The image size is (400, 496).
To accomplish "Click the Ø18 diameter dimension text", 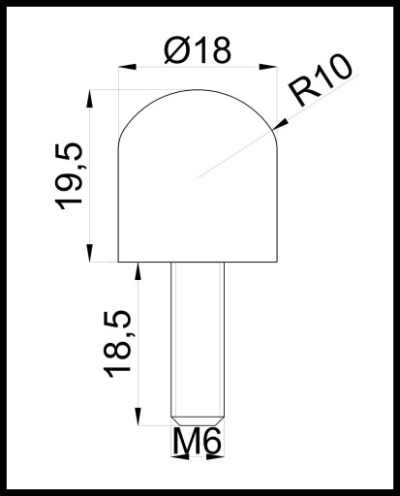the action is coord(198,50).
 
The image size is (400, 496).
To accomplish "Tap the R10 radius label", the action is coord(321,79).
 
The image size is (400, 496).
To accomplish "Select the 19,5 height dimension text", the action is coord(69,176).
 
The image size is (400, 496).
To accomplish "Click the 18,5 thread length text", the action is coord(117,344).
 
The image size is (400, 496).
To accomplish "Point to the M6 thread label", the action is coord(198,441).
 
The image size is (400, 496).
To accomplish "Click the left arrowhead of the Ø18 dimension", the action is coord(128,67).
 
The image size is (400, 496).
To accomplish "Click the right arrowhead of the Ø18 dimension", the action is coord(268,67).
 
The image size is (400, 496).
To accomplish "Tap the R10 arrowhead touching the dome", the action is coord(280,125).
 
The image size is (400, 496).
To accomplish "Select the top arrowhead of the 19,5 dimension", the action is coord(90,99).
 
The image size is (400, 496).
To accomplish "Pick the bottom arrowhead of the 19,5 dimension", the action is coord(90,253).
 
